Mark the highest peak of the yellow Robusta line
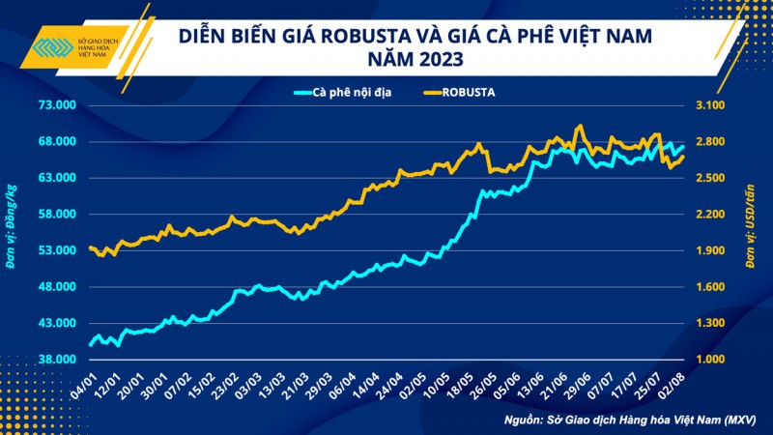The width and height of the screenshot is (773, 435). click(x=579, y=126)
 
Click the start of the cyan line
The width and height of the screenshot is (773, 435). click(x=89, y=343)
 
